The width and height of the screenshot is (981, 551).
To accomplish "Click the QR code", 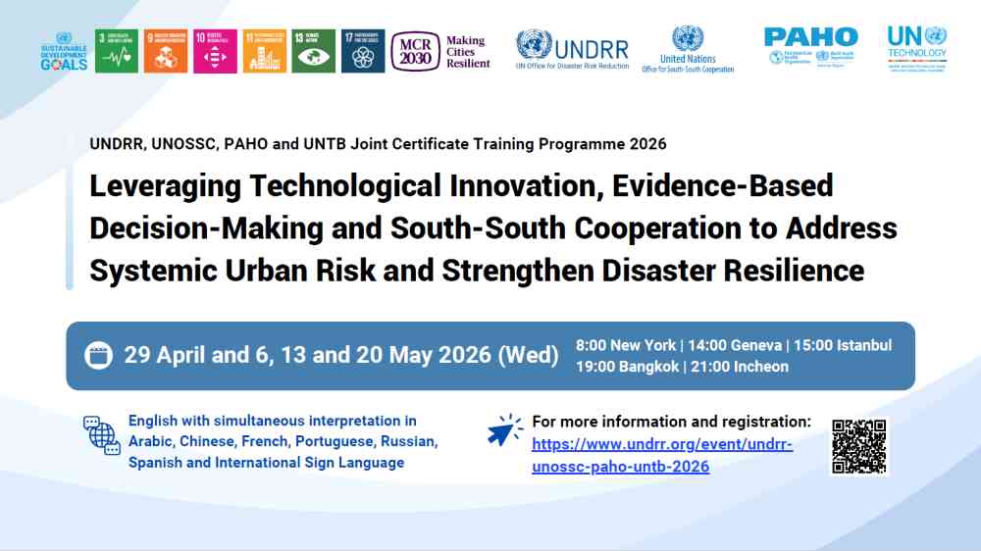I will [x=858, y=447].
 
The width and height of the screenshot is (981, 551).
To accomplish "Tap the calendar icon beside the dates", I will [x=98, y=355].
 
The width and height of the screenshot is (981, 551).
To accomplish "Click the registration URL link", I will [x=661, y=456].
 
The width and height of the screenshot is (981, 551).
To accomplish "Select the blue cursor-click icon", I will [x=505, y=431].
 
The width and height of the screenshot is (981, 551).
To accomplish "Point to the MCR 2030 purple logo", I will [x=415, y=51].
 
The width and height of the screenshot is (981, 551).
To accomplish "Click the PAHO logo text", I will [x=810, y=37].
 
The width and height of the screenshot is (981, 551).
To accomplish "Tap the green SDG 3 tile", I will [x=117, y=51].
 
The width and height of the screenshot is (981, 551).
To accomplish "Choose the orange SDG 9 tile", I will [x=166, y=51].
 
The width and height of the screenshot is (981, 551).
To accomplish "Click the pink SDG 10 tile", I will [x=215, y=51].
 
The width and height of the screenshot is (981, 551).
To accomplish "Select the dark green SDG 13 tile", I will [x=313, y=51].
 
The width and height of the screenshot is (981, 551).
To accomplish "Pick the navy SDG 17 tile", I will [x=363, y=51].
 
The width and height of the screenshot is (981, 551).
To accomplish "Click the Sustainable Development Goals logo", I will [x=65, y=52].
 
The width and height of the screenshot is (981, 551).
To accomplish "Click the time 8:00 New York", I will [x=626, y=345].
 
